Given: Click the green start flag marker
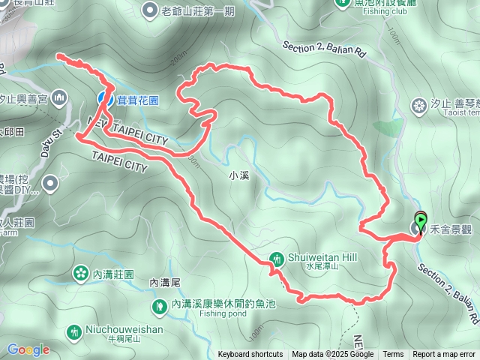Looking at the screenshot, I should point(421,220).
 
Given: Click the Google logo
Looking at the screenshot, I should point(28,349).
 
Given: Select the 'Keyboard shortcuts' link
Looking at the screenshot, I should point(250,355).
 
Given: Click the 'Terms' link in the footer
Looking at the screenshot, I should point(393,355).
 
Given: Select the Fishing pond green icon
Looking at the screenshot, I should point(160,305).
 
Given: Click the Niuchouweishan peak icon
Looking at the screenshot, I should point(73,331).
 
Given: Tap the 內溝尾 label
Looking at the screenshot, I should point(165,283).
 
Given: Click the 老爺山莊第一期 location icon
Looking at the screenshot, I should point(148,10).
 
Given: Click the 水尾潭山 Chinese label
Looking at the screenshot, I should point(322,266).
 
